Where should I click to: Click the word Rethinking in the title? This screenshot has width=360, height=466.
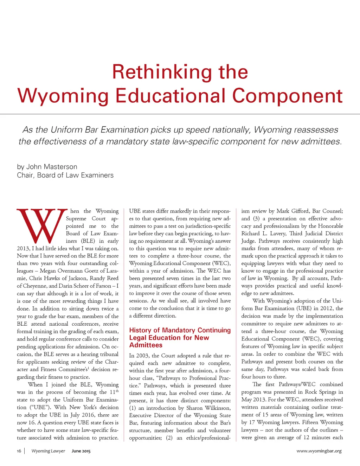click(x=162, y=72)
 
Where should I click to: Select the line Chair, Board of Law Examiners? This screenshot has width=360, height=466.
click(x=65, y=175)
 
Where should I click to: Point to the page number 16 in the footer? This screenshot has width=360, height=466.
click(x=19, y=451)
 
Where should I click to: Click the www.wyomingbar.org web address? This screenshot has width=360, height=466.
click(x=319, y=451)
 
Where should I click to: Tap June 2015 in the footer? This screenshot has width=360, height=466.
click(x=81, y=451)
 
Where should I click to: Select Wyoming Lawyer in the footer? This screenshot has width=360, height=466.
click(x=48, y=451)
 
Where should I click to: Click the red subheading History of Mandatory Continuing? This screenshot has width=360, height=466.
click(x=180, y=330)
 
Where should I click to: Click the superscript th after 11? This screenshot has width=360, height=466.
click(x=117, y=391)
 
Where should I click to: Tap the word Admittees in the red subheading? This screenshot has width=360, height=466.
click(x=146, y=345)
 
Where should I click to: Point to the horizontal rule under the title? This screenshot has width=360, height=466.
click(x=180, y=114)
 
